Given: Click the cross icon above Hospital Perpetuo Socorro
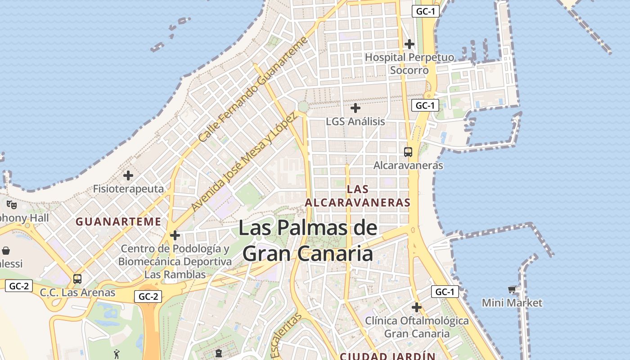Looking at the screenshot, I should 409,44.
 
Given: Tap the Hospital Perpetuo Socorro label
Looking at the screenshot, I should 409,64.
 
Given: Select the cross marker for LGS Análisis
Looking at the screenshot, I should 355,108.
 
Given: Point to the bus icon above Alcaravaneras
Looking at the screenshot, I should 408,152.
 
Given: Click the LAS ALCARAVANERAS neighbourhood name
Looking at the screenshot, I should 358,196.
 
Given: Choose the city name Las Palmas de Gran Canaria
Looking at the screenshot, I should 308,240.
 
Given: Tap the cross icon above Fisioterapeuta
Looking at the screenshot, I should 128,175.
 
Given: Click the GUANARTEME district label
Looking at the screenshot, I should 118,221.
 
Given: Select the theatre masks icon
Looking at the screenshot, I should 12,205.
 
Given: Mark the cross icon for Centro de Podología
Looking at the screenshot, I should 175,235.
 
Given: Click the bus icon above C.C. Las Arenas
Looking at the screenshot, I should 77,279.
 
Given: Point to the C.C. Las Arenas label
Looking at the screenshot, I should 78,292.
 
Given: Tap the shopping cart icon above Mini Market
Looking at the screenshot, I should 512,289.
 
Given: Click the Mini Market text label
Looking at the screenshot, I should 512,303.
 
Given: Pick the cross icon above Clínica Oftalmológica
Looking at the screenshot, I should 417,307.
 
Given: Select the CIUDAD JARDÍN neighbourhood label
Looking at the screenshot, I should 387,356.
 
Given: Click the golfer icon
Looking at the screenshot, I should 117,354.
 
